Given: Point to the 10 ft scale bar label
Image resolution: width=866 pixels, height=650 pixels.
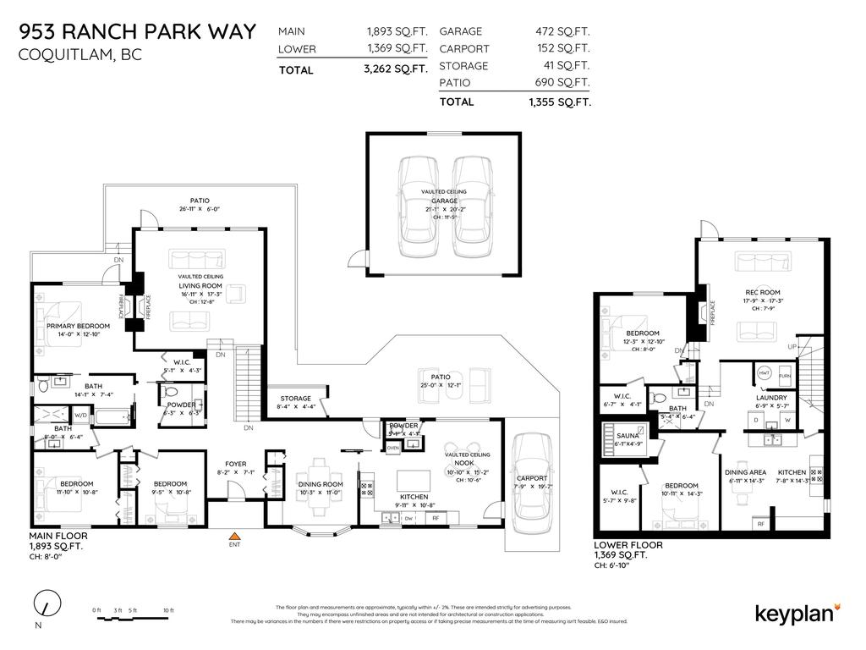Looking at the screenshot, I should point(168,610).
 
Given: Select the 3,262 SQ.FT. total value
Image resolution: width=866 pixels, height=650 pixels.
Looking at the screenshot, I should point(395,69).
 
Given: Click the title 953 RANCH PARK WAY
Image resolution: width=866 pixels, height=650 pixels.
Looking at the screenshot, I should point(137,32).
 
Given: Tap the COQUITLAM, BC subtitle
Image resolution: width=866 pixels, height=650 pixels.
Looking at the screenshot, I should point(80,55).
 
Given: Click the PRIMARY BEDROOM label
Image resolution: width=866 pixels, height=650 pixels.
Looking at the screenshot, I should point(78,326).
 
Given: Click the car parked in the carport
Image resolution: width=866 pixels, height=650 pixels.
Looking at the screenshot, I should point(530,478).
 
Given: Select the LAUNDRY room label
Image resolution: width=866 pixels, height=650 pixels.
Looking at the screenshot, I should point(770,397).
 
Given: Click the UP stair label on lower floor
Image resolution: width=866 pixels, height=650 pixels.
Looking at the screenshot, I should point(792,348).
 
